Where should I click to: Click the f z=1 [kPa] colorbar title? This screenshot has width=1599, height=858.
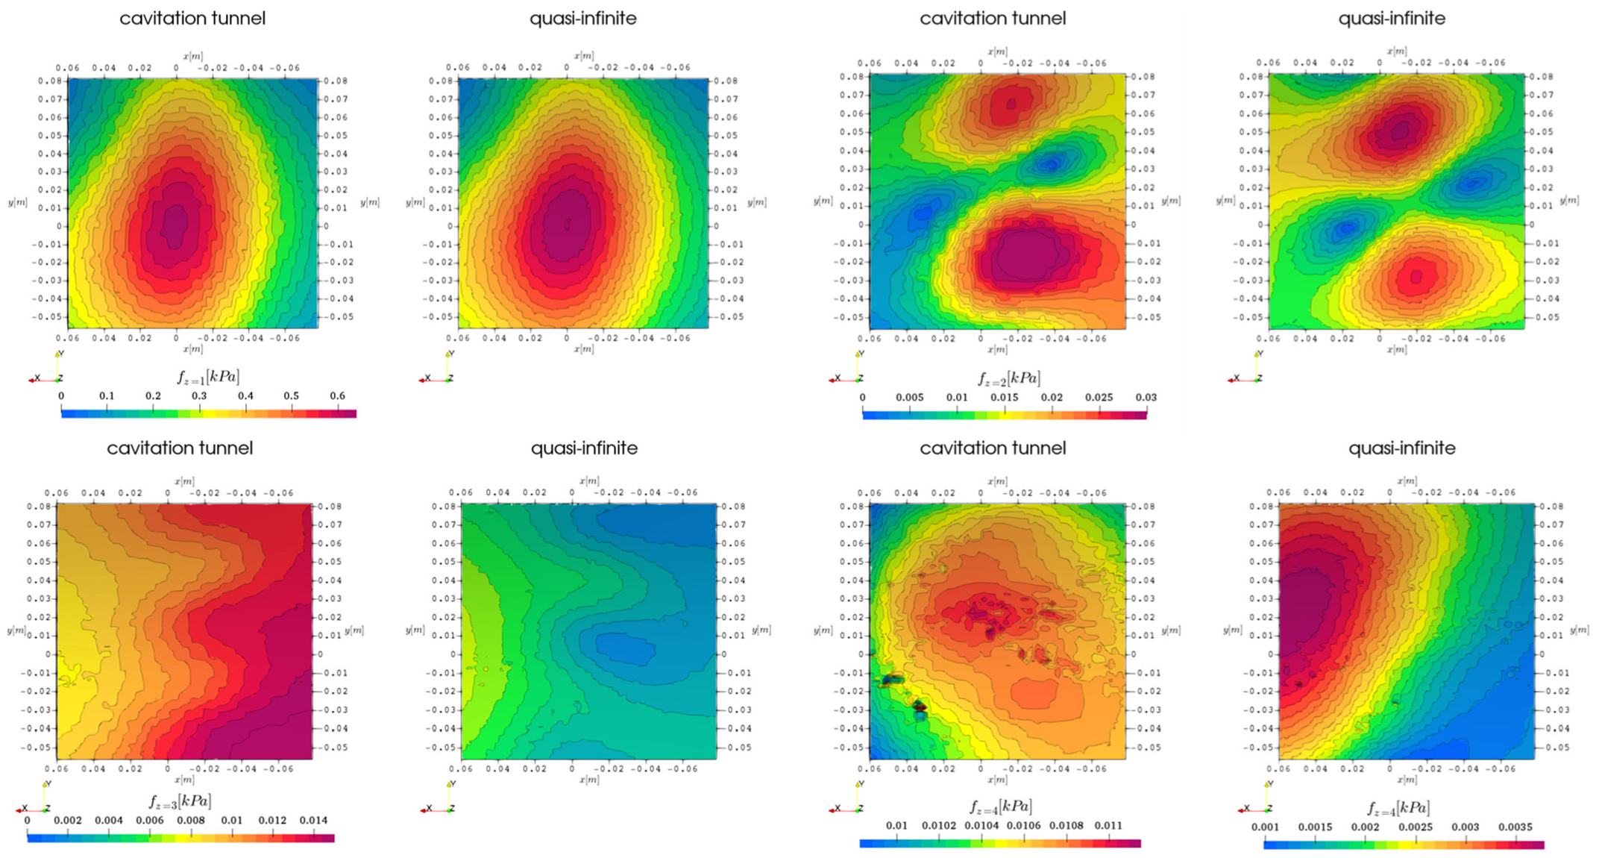tap(208, 377)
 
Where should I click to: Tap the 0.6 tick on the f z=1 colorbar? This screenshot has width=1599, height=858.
tap(337, 396)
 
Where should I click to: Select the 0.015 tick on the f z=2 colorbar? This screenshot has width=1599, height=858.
tap(1004, 398)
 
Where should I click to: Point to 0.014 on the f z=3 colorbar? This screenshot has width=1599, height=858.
tap(313, 821)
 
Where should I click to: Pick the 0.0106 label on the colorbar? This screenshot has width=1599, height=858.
tap(1022, 826)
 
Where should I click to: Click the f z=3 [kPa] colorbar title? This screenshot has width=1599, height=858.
tap(180, 802)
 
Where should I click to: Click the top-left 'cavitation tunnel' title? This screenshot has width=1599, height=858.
tap(192, 19)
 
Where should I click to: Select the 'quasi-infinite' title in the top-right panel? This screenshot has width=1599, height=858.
tap(1392, 19)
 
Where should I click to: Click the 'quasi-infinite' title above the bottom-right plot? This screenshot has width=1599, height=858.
tap(1402, 448)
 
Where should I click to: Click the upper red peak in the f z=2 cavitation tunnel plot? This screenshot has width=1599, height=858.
tap(1011, 105)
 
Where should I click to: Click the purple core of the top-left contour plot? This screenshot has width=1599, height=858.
tap(176, 224)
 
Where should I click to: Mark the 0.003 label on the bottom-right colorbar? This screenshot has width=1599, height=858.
tap(1466, 827)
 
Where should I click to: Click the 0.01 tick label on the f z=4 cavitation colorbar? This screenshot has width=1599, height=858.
tap(896, 826)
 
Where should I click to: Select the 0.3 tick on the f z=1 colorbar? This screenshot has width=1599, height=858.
tap(199, 396)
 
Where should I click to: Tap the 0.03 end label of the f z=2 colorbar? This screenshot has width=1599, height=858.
tap(1146, 398)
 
